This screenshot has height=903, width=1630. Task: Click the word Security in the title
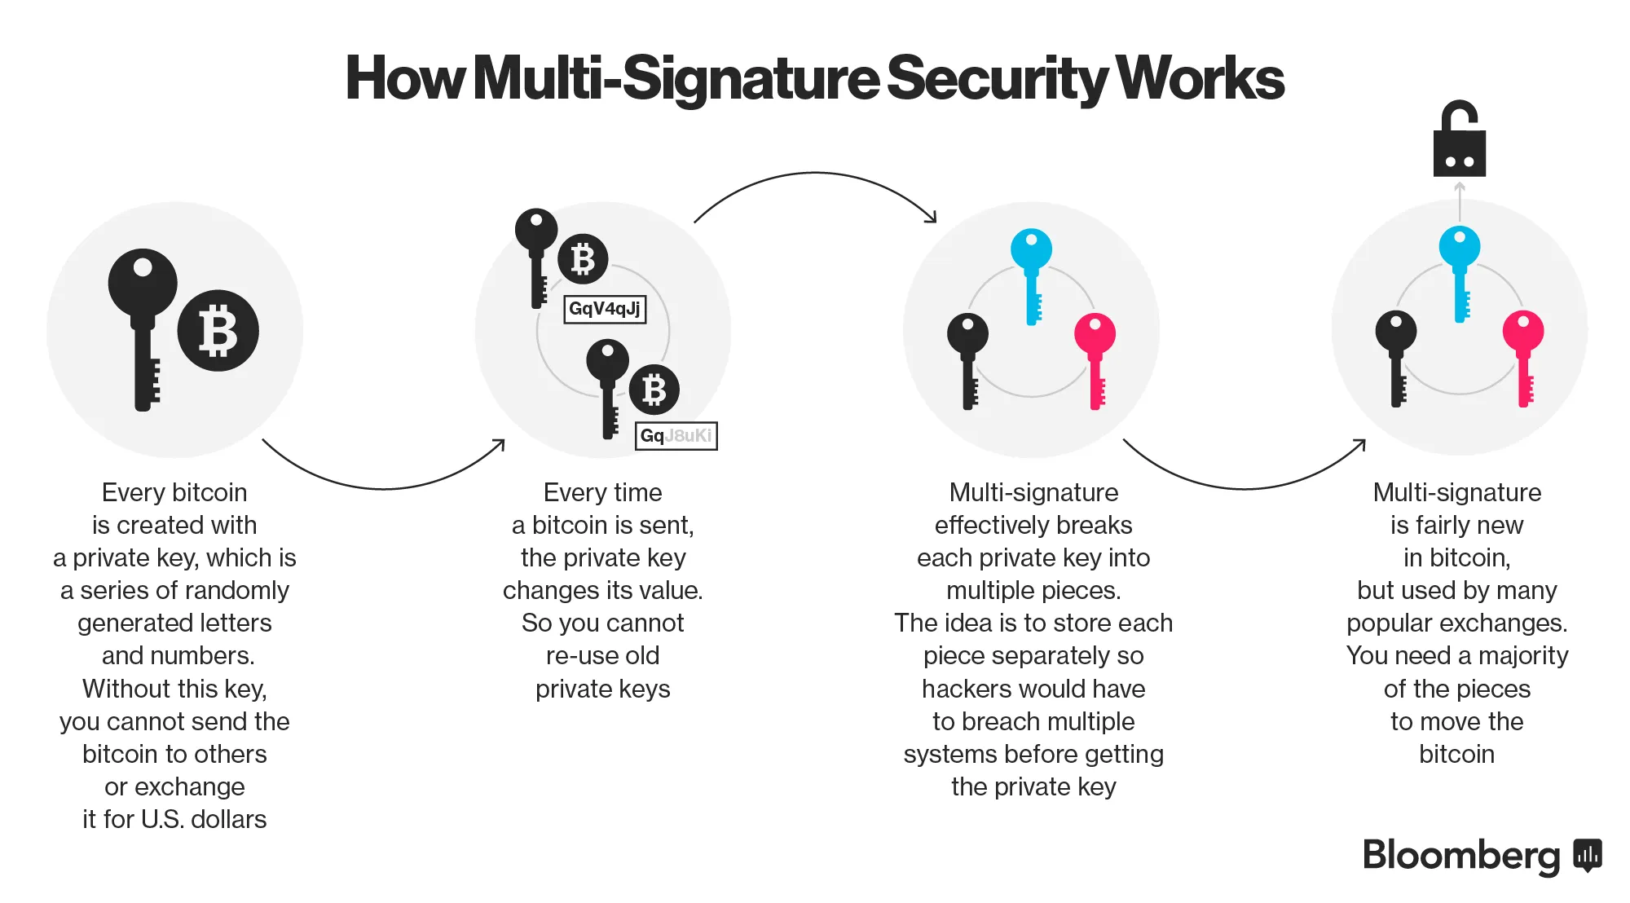[996, 79]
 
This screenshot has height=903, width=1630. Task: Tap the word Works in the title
[1199, 79]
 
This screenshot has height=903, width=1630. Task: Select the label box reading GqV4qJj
[605, 309]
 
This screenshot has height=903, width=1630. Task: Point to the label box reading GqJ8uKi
[676, 436]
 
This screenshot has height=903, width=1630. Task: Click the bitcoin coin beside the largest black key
[218, 331]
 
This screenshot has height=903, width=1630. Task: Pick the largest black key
[143, 326]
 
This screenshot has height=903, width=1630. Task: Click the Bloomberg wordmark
[1460, 856]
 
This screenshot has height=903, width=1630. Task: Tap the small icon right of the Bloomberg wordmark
[1587, 856]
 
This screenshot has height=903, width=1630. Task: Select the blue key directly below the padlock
[1460, 269]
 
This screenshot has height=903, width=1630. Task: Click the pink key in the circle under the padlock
[1523, 355]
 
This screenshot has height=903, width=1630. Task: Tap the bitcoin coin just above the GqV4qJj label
[583, 259]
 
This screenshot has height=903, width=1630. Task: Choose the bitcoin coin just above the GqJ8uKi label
[654, 390]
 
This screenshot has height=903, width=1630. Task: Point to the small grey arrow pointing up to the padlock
[1460, 200]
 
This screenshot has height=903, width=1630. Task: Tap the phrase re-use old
[602, 656]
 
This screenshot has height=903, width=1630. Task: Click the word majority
[1522, 656]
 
